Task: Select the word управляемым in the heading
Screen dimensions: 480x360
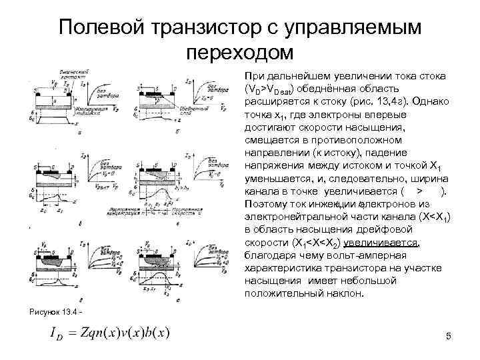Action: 359,29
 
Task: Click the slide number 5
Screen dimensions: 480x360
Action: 449,337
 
